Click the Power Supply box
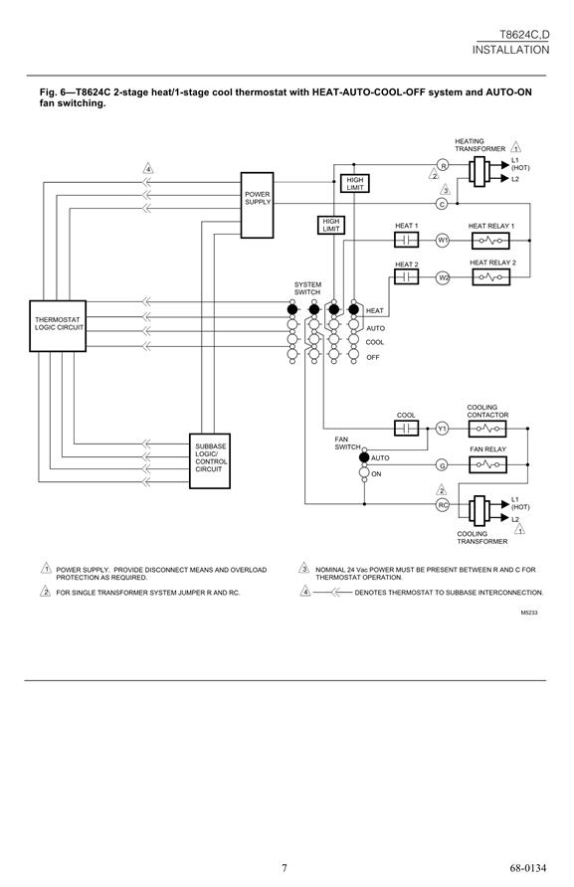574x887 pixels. pyautogui.click(x=257, y=205)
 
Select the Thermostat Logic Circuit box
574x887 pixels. pyautogui.click(x=58, y=326)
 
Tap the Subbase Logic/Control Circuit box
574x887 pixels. pyautogui.click(x=210, y=460)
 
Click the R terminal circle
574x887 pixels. pyautogui.click(x=444, y=166)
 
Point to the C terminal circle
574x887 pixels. pyautogui.click(x=443, y=204)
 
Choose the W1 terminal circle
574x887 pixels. pyautogui.click(x=443, y=241)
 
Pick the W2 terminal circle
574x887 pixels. pyautogui.click(x=443, y=277)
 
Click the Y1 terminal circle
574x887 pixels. pyautogui.click(x=443, y=429)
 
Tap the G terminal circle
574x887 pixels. pyautogui.click(x=443, y=465)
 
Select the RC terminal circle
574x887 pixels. pyautogui.click(x=443, y=504)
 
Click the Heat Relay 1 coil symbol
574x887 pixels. pyautogui.click(x=490, y=241)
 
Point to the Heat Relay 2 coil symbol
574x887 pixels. pyautogui.click(x=490, y=277)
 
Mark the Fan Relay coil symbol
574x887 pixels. pyautogui.click(x=488, y=465)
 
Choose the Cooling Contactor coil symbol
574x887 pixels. pyautogui.click(x=487, y=429)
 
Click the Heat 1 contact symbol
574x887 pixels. pyautogui.click(x=407, y=240)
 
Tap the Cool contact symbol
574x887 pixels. pyautogui.click(x=407, y=429)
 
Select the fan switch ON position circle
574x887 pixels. pyautogui.click(x=364, y=473)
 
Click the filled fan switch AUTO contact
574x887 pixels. pyautogui.click(x=364, y=457)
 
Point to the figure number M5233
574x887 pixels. pyautogui.click(x=529, y=613)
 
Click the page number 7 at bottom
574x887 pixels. pyautogui.click(x=285, y=868)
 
